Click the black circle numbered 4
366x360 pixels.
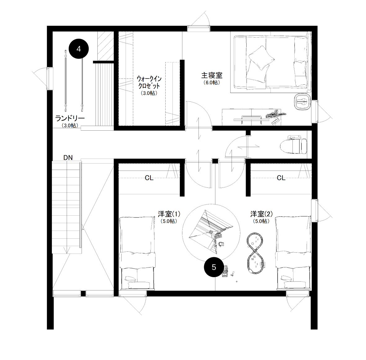(79, 49)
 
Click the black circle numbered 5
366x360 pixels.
(214, 267)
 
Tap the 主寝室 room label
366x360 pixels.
(212, 75)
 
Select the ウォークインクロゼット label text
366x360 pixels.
(149, 82)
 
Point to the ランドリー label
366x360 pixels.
(70, 118)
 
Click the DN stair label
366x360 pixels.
(68, 158)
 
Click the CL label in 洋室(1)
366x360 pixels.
(149, 178)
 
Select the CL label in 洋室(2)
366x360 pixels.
(281, 178)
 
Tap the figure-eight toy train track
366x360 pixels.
(256, 253)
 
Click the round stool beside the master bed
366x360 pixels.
(302, 101)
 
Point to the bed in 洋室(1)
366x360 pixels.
(137, 253)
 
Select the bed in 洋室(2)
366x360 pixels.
(293, 253)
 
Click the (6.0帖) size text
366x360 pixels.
(212, 83)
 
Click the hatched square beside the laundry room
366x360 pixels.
(105, 46)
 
